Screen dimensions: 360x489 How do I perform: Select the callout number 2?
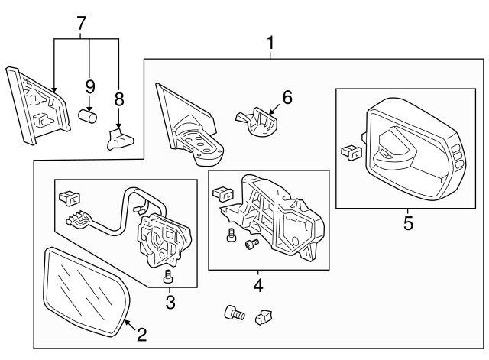141,333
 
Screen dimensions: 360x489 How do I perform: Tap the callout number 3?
170,303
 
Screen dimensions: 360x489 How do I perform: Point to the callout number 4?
257,287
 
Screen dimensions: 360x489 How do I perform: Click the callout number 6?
287,97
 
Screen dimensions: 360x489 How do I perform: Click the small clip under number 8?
119,139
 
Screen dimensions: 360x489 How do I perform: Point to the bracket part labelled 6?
256,122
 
